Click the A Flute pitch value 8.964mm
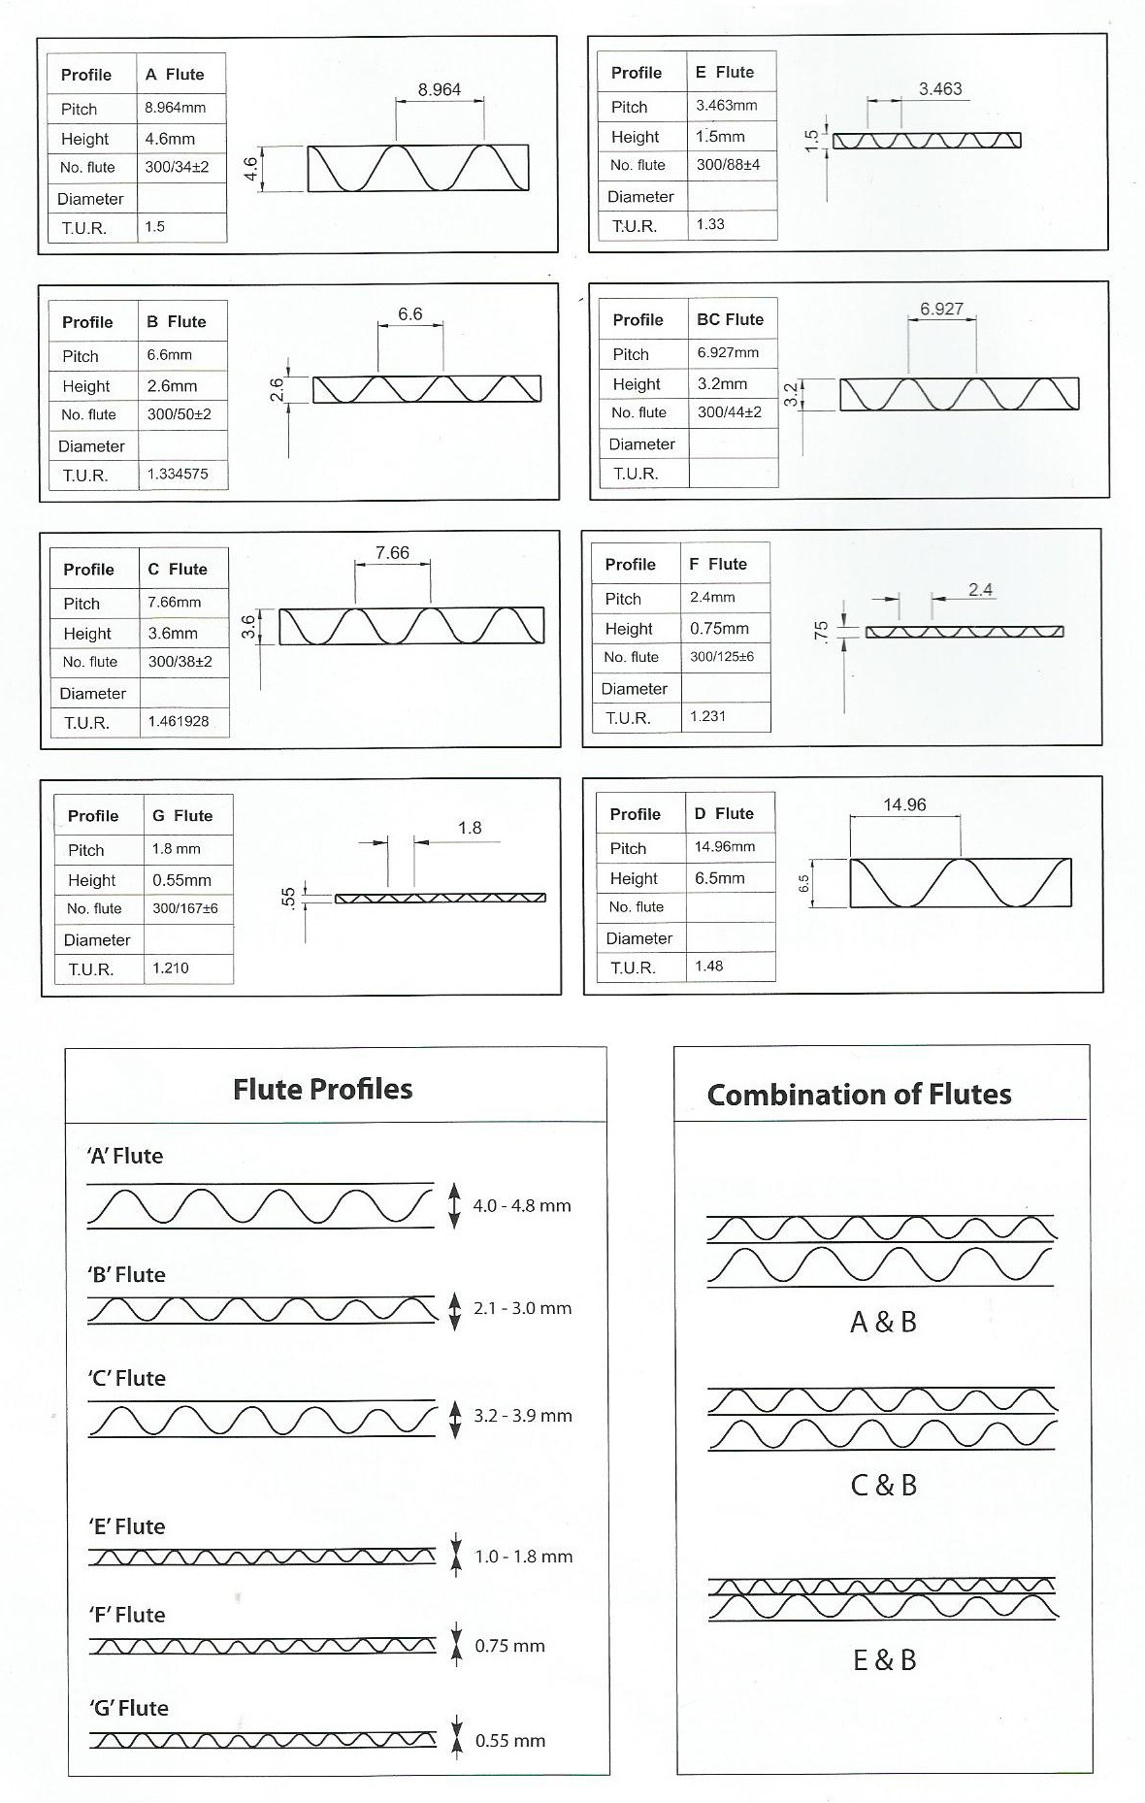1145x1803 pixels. tap(176, 108)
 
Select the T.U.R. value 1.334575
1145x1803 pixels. tap(178, 475)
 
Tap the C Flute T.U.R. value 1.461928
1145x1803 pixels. tap(179, 722)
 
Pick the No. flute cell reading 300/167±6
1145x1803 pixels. tap(185, 909)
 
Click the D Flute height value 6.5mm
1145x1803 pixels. tap(720, 878)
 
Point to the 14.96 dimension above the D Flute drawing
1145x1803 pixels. tap(904, 804)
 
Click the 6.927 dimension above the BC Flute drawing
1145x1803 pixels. tap(941, 309)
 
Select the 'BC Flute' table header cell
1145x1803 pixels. tap(730, 319)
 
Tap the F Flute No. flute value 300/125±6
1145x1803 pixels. tap(722, 657)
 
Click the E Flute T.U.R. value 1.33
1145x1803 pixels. tap(710, 224)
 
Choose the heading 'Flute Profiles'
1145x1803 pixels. tap(322, 1089)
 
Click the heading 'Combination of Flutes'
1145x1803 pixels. tap(859, 1095)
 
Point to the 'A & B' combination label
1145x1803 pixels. tap(883, 1322)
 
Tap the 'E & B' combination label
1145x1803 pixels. tap(884, 1659)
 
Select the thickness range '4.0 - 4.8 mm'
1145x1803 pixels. tap(522, 1206)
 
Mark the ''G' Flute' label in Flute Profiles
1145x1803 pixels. tap(129, 1708)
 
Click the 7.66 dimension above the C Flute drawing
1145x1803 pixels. tap(392, 553)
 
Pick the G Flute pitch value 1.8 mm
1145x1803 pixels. tap(176, 849)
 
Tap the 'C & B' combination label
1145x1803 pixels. tap(883, 1485)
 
